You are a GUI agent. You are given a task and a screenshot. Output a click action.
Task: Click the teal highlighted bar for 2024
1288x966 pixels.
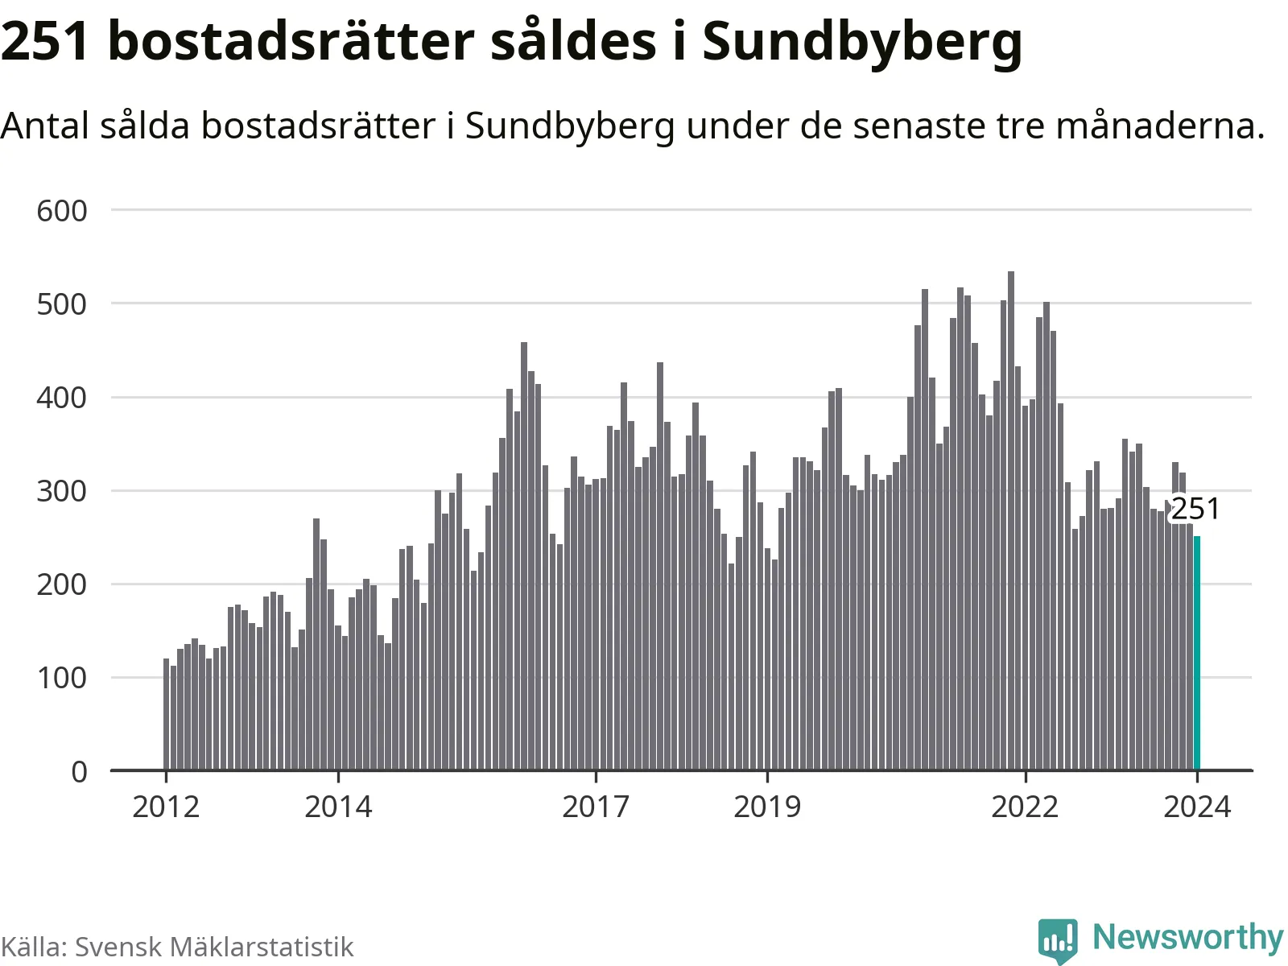(x=1197, y=653)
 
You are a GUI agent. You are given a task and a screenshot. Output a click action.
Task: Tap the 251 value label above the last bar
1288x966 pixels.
(x=1195, y=509)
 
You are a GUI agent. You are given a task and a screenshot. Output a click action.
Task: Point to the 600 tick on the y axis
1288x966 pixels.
(x=62, y=211)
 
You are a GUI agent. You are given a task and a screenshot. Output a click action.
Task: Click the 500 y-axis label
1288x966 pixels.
(x=62, y=304)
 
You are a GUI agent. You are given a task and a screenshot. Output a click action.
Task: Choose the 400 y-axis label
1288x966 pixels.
(x=62, y=398)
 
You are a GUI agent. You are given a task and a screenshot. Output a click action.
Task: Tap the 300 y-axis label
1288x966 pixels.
(x=62, y=491)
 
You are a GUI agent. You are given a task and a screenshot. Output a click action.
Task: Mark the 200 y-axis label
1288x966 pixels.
(x=62, y=584)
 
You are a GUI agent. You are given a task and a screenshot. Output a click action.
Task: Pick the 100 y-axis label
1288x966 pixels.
(x=62, y=678)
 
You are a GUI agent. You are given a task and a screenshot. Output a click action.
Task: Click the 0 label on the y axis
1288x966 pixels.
(x=79, y=771)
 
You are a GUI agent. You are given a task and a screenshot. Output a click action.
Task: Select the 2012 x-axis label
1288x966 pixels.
(x=166, y=806)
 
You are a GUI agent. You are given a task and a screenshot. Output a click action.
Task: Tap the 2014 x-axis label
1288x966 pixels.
(x=338, y=806)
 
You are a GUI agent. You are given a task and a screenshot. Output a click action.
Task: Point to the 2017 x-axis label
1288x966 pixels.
(x=596, y=806)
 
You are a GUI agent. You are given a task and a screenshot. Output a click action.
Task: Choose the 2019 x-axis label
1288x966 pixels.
(x=767, y=806)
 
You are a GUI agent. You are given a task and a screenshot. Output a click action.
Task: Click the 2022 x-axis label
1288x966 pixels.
(x=1025, y=806)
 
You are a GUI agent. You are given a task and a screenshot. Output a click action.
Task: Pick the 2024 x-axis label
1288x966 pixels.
(x=1197, y=806)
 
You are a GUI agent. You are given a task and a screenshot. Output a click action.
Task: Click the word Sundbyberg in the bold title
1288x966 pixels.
(x=862, y=42)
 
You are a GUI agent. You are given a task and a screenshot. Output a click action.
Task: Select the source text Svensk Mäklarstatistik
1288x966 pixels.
(x=214, y=947)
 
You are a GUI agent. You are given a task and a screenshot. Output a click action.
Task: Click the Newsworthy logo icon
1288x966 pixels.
(x=1057, y=939)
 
